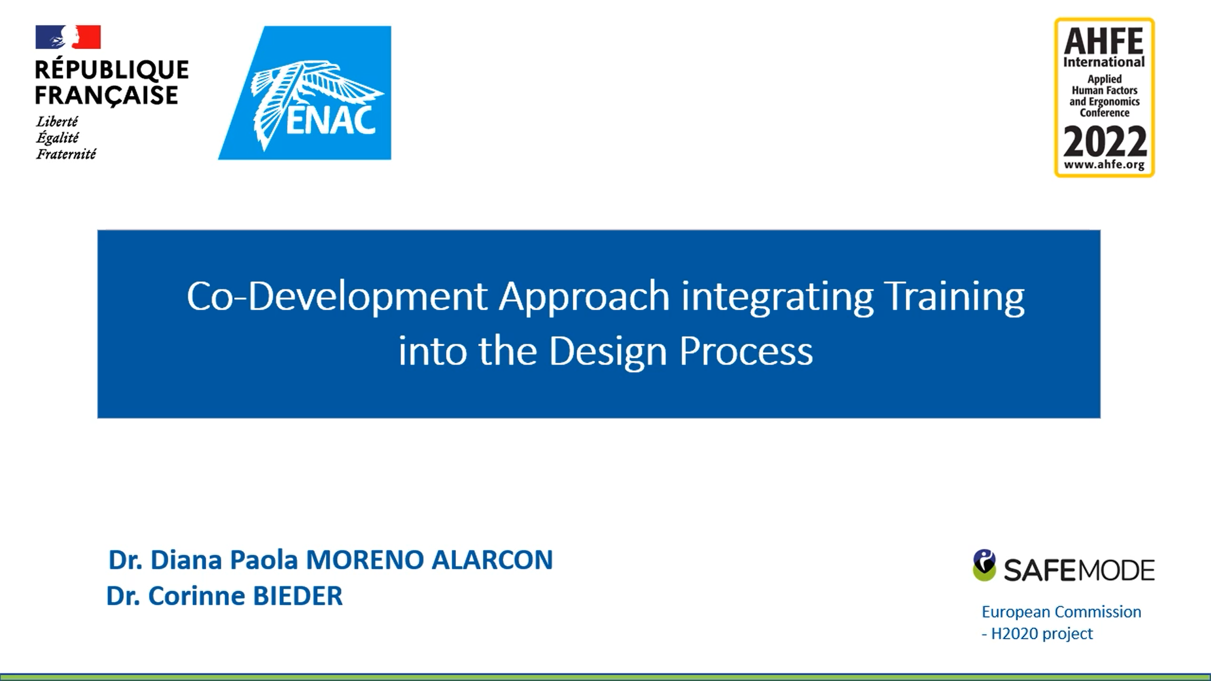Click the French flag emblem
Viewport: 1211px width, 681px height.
click(68, 37)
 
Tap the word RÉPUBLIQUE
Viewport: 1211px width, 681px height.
click(112, 69)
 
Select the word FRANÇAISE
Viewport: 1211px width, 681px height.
click(107, 95)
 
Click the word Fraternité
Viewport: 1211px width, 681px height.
click(66, 154)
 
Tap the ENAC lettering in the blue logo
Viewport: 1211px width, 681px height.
click(330, 121)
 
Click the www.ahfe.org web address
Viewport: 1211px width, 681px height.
click(1104, 165)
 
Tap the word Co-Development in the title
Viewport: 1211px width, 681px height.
click(336, 297)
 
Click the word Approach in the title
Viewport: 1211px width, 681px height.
click(584, 297)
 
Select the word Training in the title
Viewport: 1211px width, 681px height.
click(954, 297)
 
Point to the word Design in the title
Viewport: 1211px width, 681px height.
click(608, 351)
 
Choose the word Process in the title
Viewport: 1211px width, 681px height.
click(746, 351)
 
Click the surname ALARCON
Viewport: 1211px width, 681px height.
click(492, 560)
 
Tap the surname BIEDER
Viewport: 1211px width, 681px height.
click(297, 596)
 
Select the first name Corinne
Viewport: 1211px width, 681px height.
click(196, 596)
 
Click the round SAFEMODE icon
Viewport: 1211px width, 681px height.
click(984, 565)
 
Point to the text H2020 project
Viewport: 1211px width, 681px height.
click(1042, 634)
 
